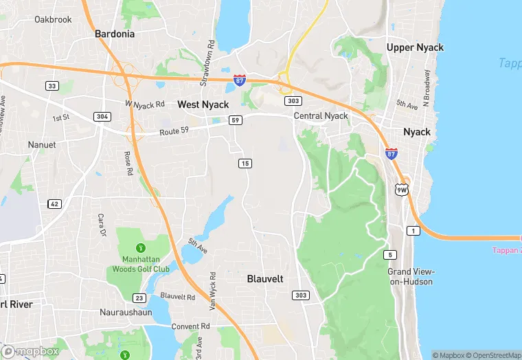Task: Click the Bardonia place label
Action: pyautogui.click(x=114, y=33)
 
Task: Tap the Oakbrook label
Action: pyautogui.click(x=53, y=19)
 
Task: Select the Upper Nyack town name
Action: pyautogui.click(x=415, y=47)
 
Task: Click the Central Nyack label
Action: pyautogui.click(x=321, y=116)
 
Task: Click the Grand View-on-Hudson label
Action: pyautogui.click(x=410, y=276)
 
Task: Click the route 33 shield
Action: pyautogui.click(x=52, y=86)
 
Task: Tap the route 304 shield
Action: pyautogui.click(x=102, y=116)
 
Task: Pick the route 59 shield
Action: pyautogui.click(x=235, y=120)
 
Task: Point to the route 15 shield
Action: pyautogui.click(x=245, y=163)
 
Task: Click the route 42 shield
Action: pyautogui.click(x=54, y=203)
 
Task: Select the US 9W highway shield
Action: pyautogui.click(x=402, y=188)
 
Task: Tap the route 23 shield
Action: pyautogui.click(x=139, y=297)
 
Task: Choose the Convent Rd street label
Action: pyautogui.click(x=190, y=326)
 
